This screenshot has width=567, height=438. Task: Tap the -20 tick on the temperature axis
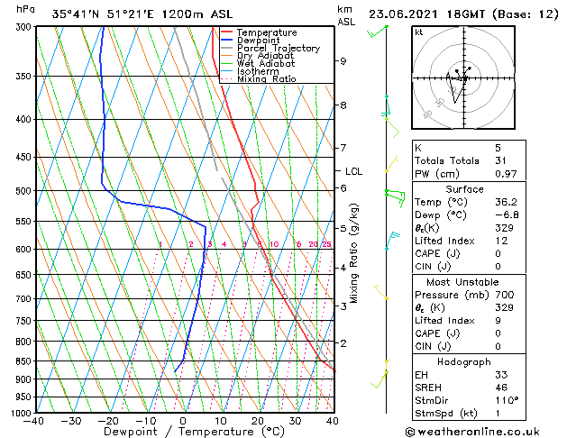tap(107, 421)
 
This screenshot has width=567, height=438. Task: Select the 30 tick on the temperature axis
tap(295, 421)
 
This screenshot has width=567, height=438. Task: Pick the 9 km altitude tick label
tap(343, 61)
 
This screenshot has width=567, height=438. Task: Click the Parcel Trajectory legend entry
tap(278, 49)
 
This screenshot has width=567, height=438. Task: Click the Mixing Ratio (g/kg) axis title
tap(355, 252)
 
